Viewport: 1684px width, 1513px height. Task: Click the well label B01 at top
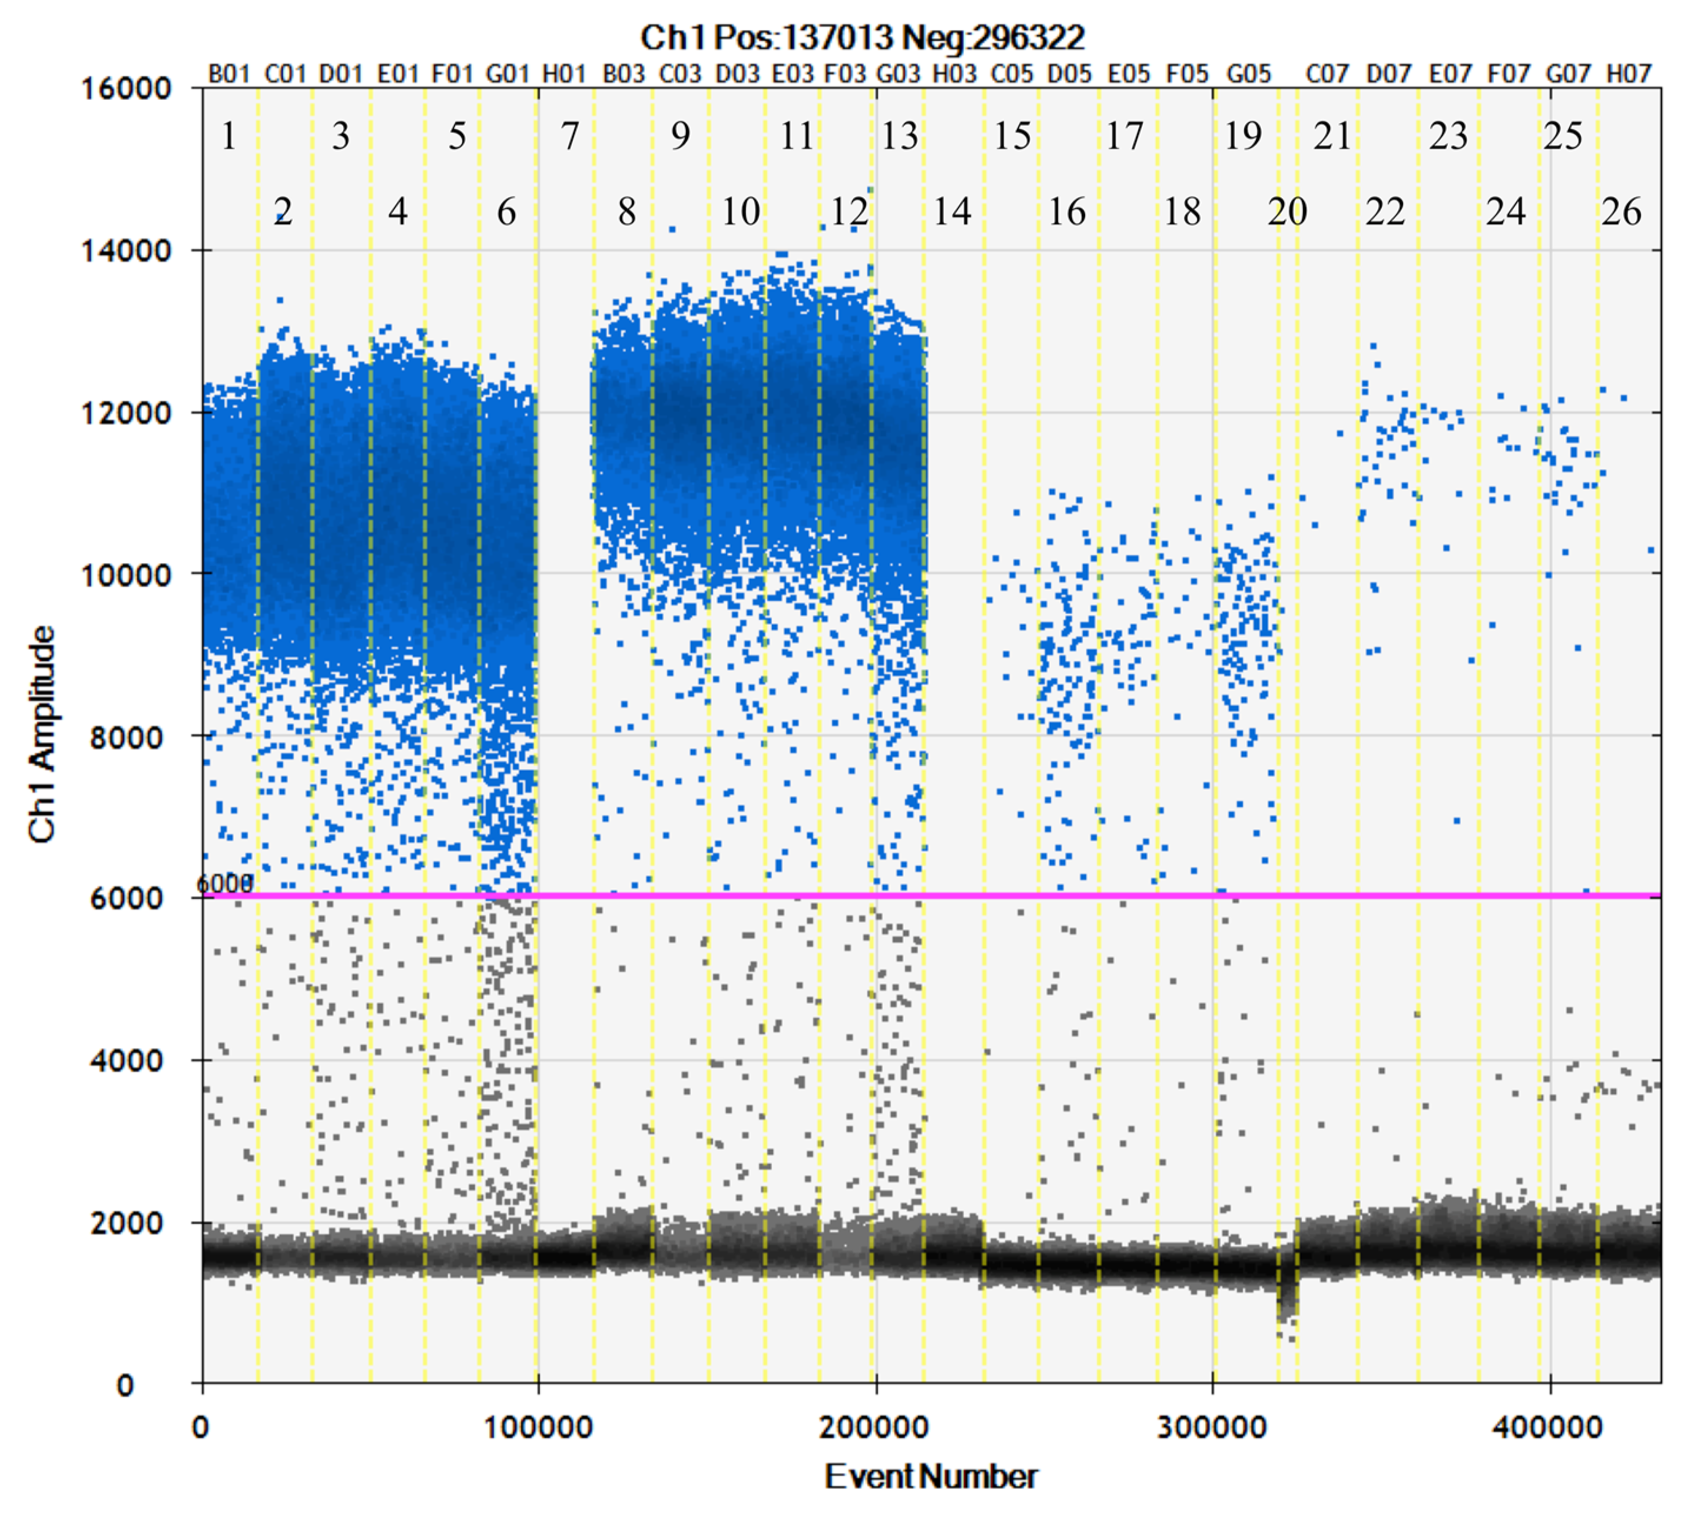[x=228, y=74]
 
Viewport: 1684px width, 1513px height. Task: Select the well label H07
[x=1627, y=74]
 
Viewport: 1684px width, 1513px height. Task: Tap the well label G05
[x=1248, y=74]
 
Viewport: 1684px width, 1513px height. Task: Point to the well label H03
[x=954, y=74]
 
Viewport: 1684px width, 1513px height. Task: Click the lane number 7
[x=569, y=135]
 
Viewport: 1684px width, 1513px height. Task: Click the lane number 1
[x=228, y=135]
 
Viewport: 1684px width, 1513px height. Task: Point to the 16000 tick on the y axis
[x=125, y=88]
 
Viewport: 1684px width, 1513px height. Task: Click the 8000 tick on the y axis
[x=125, y=737]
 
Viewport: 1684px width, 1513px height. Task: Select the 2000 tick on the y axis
[x=125, y=1223]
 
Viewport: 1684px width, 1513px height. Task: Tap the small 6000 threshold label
[x=224, y=884]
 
